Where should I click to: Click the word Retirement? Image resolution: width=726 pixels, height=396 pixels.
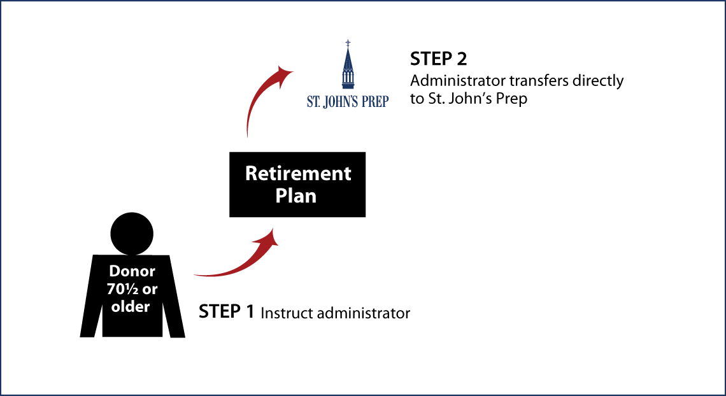[x=298, y=173]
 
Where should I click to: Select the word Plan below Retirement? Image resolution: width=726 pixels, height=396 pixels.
[x=295, y=196]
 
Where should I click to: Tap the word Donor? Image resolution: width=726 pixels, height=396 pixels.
[x=132, y=271]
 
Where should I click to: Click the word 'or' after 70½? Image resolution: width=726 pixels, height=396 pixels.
[x=150, y=289]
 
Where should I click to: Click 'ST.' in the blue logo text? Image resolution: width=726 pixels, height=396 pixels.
[x=313, y=102]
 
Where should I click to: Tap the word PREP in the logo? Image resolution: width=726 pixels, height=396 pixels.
[x=376, y=102]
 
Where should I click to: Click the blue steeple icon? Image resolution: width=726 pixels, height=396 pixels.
[x=348, y=67]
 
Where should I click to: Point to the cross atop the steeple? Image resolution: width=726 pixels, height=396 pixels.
[x=348, y=43]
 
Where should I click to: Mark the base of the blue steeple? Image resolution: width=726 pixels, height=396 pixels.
[x=348, y=86]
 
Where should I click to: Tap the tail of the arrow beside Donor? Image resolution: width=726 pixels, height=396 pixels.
[x=197, y=275]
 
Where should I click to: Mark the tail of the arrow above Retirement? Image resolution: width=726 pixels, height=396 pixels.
[x=247, y=135]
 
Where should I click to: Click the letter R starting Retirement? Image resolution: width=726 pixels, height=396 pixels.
[x=251, y=173]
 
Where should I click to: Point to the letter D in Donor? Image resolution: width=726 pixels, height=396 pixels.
[x=114, y=271]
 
